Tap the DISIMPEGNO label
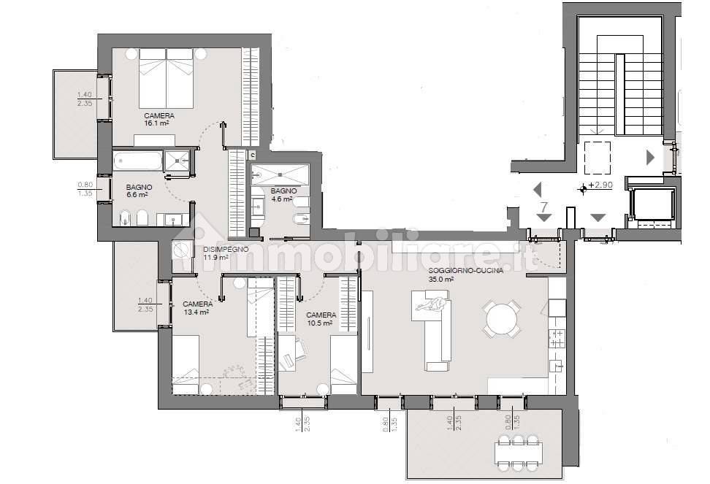226,249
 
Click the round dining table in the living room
501,318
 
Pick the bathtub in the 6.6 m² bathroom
137,161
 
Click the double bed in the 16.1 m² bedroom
167,77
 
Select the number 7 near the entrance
544,207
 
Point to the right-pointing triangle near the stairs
650,157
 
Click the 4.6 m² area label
281,199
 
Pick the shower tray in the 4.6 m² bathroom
280,175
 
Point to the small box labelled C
253,155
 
